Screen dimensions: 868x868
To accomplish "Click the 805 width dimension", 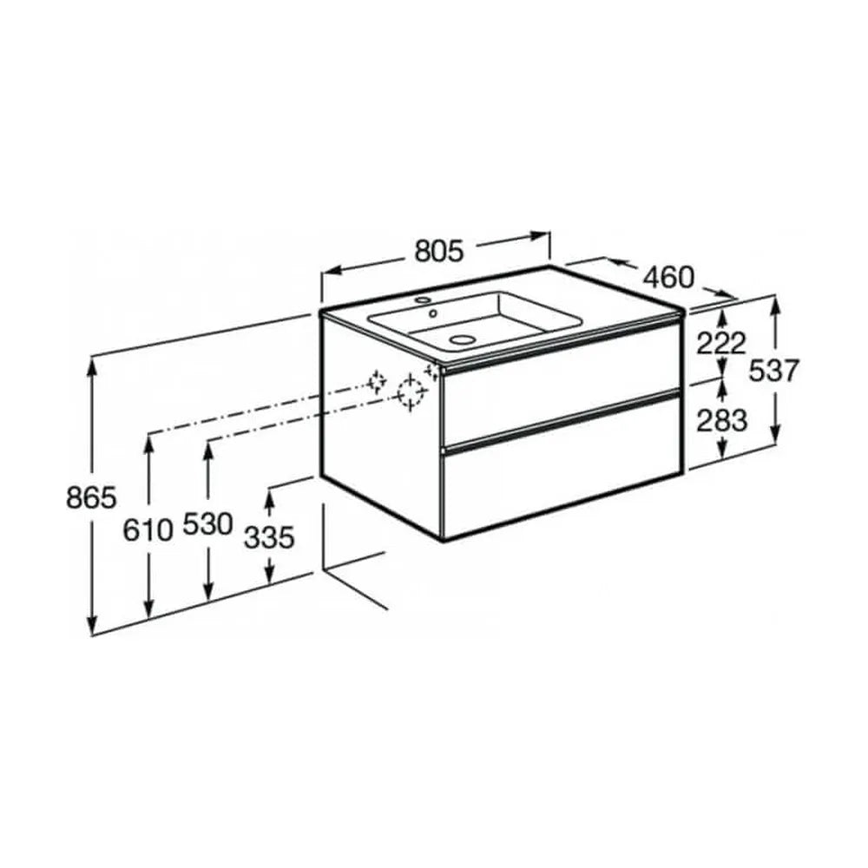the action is (x=438, y=252).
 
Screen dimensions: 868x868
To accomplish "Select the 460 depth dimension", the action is (x=668, y=277).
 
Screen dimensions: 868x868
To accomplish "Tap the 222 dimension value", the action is (x=721, y=345).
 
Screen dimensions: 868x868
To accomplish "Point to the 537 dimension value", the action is (x=774, y=371).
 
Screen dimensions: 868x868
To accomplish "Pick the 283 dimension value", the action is (x=721, y=421).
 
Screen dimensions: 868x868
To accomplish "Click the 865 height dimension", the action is (x=92, y=497).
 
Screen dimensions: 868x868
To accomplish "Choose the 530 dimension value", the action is (x=207, y=524).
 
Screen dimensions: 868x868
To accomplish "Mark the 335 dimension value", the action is (x=269, y=537).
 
